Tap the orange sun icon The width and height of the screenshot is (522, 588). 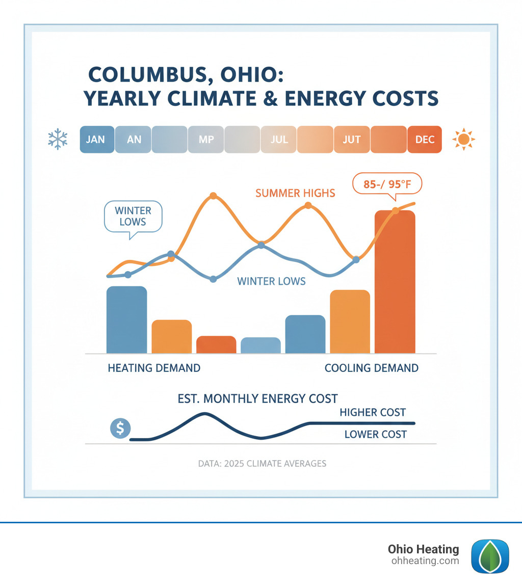pyautogui.click(x=464, y=139)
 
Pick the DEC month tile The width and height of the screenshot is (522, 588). pyautogui.click(x=425, y=139)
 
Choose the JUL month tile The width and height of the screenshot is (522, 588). pyautogui.click(x=279, y=139)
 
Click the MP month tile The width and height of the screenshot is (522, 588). pyautogui.click(x=206, y=139)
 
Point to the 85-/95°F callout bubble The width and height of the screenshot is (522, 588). pyautogui.click(x=387, y=184)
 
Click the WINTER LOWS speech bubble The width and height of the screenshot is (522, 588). pyautogui.click(x=133, y=216)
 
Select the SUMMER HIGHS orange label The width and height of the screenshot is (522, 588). pyautogui.click(x=295, y=193)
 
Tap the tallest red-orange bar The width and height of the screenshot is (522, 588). pyautogui.click(x=395, y=282)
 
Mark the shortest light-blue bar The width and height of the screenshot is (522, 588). pyautogui.click(x=260, y=345)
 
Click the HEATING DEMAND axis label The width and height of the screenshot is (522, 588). pyautogui.click(x=154, y=368)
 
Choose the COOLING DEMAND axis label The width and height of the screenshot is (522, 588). pyautogui.click(x=371, y=368)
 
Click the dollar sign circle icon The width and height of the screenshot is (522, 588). pyautogui.click(x=120, y=429)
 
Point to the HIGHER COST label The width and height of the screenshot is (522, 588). pyautogui.click(x=373, y=412)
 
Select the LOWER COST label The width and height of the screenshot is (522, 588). pyautogui.click(x=375, y=434)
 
